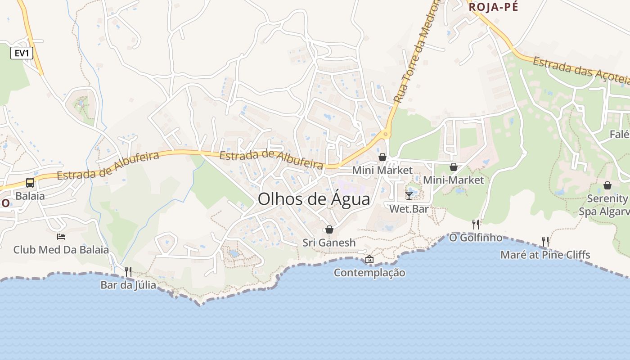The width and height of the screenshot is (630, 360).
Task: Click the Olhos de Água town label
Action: [314, 199]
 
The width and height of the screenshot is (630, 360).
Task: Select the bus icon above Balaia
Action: [30, 183]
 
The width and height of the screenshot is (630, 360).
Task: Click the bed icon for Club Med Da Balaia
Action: [61, 236]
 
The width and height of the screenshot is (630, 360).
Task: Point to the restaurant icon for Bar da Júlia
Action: [128, 271]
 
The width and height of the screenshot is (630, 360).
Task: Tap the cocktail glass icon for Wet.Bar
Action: [409, 195]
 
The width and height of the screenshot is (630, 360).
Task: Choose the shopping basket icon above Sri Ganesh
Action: [329, 229]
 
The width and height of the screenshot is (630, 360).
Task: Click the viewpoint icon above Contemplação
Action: [369, 259]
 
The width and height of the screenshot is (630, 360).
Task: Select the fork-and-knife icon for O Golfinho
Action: [475, 224]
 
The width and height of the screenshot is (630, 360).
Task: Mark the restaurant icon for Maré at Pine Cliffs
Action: [545, 242]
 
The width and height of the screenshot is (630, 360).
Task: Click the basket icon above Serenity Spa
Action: [607, 185]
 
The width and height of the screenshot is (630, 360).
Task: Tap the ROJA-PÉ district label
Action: [493, 7]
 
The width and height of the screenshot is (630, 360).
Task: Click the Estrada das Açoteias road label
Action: [580, 70]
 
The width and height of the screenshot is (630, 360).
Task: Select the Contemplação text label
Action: [369, 273]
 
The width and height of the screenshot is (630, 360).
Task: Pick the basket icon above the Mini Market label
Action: [382, 157]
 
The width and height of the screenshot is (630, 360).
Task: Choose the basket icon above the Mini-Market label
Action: [453, 167]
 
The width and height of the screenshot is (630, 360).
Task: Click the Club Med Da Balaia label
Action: [61, 250]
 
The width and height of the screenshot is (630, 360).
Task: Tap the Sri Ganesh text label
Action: [329, 243]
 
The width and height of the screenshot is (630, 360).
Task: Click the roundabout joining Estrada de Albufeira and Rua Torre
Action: [385, 134]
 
